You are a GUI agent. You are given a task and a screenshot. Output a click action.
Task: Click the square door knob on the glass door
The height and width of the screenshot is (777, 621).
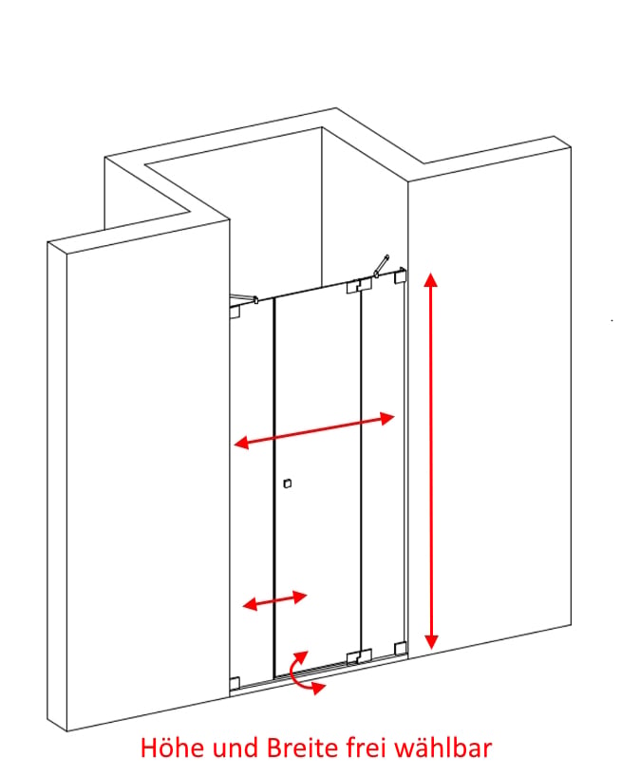coord(287,483)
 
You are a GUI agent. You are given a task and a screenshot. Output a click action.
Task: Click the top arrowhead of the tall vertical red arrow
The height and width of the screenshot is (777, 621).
coord(431,280)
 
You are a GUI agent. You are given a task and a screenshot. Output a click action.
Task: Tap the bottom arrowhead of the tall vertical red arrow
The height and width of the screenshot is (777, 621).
coord(431,641)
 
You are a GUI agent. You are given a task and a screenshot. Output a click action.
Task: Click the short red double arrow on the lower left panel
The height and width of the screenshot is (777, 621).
coord(274,600)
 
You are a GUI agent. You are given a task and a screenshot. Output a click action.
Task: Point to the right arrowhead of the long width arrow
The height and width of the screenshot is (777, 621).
coord(386,419)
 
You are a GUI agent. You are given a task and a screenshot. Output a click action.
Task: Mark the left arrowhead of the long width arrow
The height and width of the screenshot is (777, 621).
coord(242,442)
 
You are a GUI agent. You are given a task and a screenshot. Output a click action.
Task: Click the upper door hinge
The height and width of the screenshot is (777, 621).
coord(359,286)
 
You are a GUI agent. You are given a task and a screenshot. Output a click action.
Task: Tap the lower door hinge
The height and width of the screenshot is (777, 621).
coord(359,656)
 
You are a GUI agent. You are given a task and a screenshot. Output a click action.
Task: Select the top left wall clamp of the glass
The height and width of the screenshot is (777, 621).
coord(235,312)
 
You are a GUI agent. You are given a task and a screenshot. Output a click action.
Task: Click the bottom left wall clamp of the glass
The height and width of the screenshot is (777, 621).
coord(235,683)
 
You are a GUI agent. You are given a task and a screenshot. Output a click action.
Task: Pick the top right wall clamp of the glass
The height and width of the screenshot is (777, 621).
coord(400,275)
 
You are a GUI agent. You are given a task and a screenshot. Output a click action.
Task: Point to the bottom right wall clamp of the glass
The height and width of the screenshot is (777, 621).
coord(400,648)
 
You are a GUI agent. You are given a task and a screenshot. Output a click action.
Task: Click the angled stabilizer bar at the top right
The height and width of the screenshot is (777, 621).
coord(382,266)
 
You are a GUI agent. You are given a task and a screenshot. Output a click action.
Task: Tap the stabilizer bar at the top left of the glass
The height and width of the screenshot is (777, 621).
coord(244,298)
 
